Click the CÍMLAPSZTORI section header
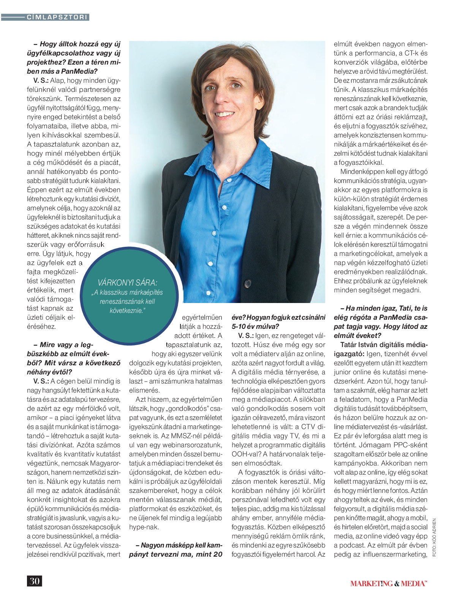[x=57, y=17]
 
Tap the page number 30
[x=34, y=581]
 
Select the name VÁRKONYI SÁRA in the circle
[x=127, y=283]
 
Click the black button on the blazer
[x=248, y=283]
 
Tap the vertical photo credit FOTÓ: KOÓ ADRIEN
[x=434, y=538]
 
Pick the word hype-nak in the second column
[x=144, y=527]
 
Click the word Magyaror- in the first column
[x=105, y=463]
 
